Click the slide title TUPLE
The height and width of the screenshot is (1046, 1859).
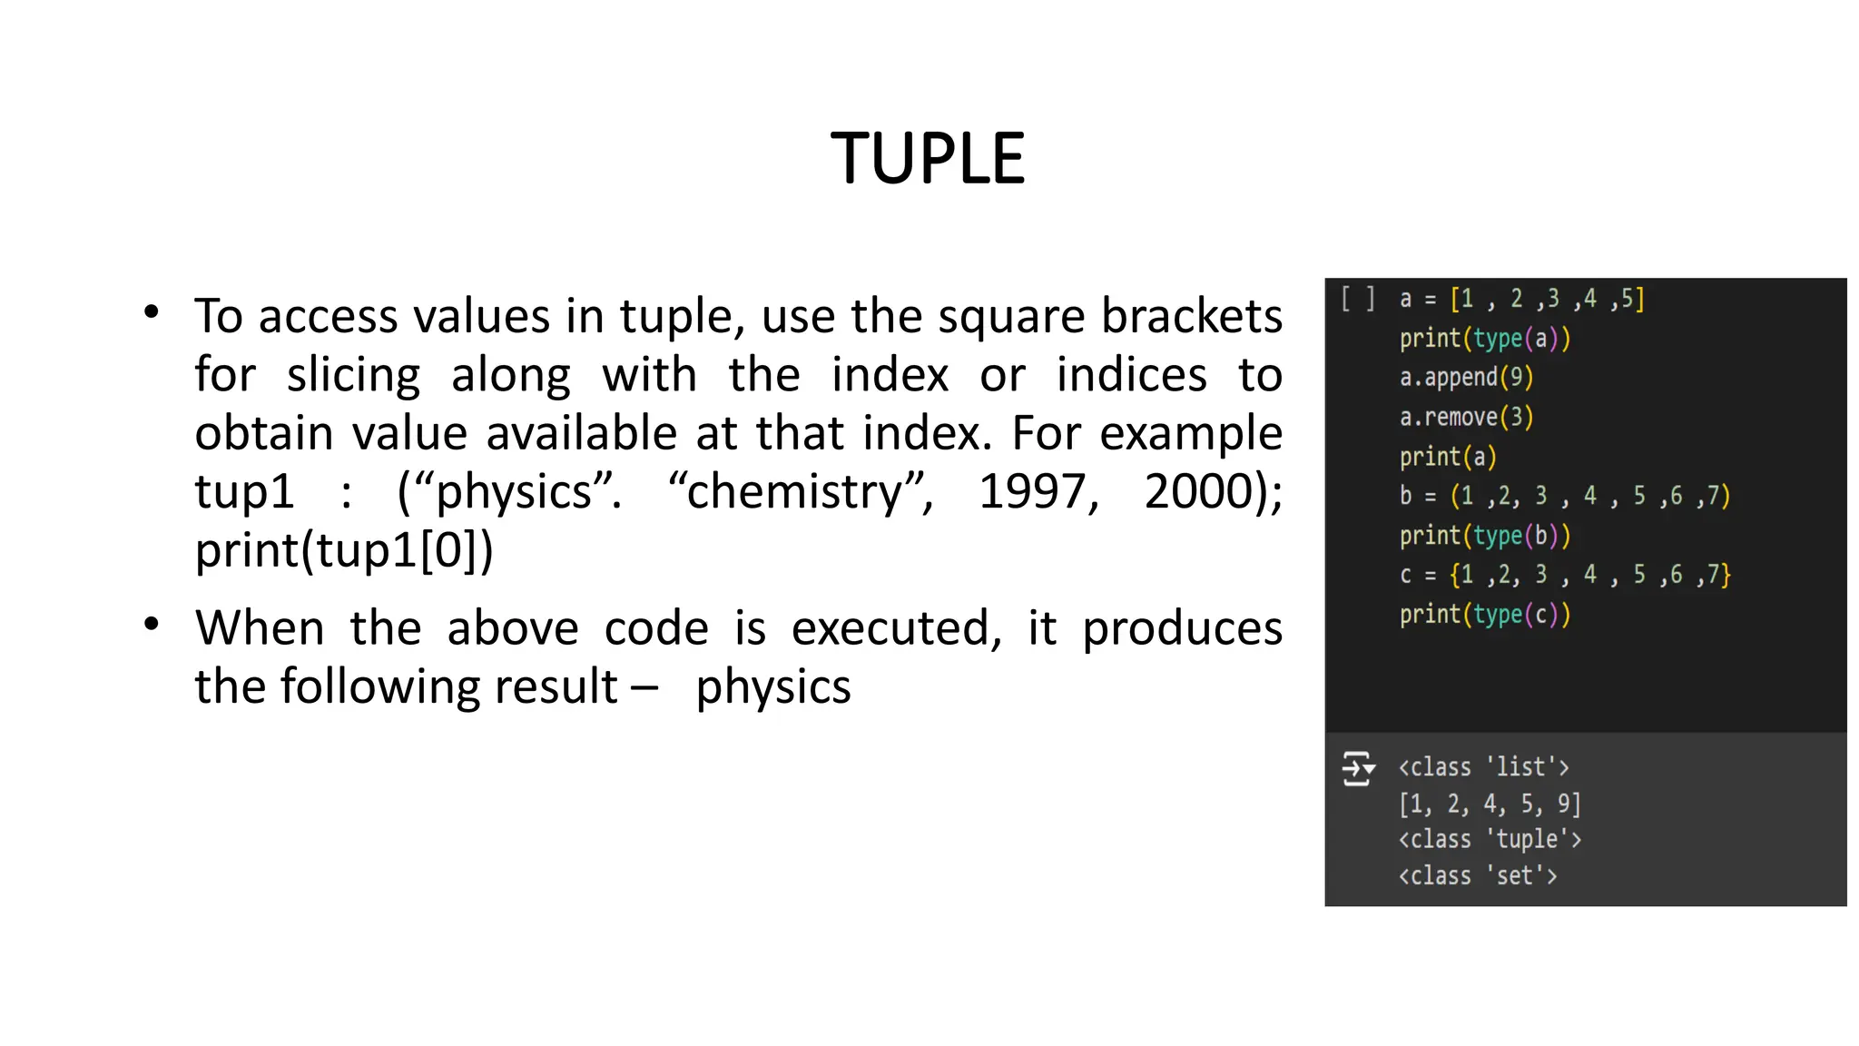coord(928,159)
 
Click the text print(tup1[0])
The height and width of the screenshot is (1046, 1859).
coord(344,550)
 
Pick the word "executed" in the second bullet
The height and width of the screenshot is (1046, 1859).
coord(895,628)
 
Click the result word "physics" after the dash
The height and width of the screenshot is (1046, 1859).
coord(773,686)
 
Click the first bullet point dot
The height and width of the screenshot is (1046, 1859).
coord(152,312)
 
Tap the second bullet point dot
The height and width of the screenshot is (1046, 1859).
coord(152,624)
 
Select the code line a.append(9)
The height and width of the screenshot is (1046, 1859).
coord(1466,378)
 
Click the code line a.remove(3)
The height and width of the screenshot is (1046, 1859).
coord(1466,418)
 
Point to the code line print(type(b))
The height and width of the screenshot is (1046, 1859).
coord(1484,536)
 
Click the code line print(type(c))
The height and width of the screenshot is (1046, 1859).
coord(1484,615)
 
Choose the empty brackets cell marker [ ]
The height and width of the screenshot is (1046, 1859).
coord(1358,299)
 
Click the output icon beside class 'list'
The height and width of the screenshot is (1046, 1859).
coord(1358,769)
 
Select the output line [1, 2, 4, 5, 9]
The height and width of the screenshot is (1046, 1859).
coord(1490,804)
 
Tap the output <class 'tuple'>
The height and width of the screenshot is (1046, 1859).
coord(1490,839)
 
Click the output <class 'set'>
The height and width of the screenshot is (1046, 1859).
coord(1478,876)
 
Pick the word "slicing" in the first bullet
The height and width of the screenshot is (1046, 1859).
coord(353,376)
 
